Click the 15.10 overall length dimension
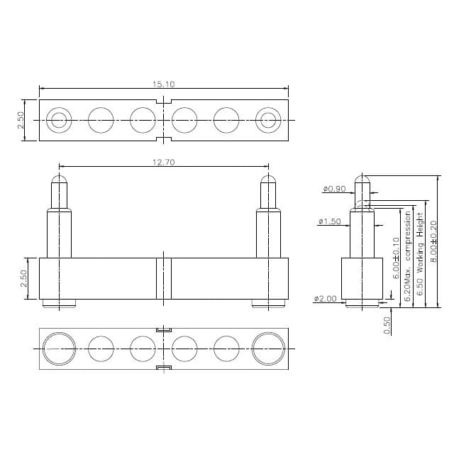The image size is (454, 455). [163, 84]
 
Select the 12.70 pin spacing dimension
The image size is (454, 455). [163, 163]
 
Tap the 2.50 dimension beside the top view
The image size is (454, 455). [21, 120]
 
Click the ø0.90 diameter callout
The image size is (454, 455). [333, 189]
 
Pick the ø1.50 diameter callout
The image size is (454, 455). [330, 222]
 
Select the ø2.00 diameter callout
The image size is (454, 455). [325, 299]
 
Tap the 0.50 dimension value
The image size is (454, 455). [387, 324]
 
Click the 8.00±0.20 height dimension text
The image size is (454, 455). [434, 241]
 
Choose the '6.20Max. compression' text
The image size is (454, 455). [408, 256]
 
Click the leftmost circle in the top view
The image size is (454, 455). [59, 120]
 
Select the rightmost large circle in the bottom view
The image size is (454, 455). [268, 349]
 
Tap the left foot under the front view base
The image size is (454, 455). [59, 303]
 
